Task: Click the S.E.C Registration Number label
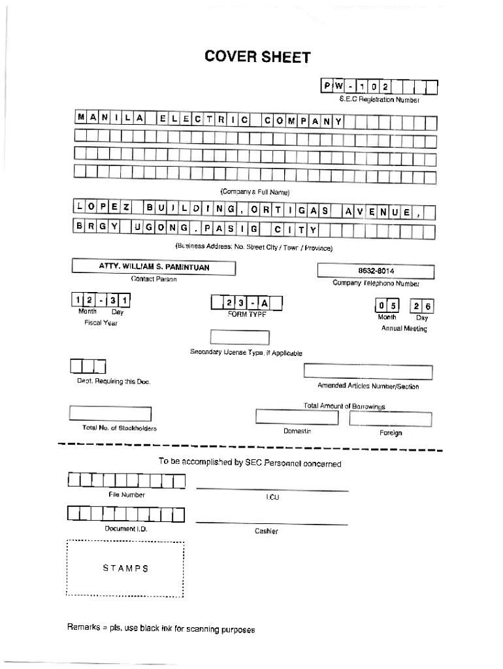click(379, 100)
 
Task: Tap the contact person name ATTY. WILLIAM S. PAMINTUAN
click(154, 267)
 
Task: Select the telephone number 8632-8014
click(376, 271)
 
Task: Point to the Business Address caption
click(254, 248)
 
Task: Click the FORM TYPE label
click(246, 314)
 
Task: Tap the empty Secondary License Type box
click(240, 338)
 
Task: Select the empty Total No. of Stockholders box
click(110, 414)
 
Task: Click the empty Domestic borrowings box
click(297, 417)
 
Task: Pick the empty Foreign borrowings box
click(391, 418)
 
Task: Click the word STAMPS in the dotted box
click(125, 568)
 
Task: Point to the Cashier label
click(266, 531)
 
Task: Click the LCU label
click(272, 498)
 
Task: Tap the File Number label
click(127, 495)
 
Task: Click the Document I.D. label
click(126, 529)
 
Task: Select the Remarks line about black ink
click(161, 629)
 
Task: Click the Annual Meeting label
click(404, 329)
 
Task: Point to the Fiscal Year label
click(101, 323)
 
